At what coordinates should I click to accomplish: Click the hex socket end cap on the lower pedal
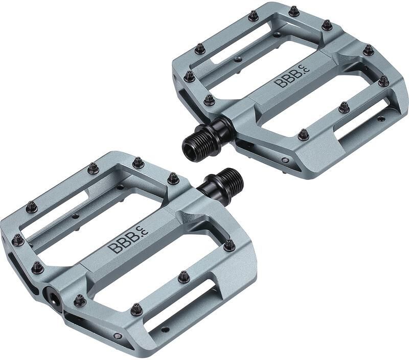pos(54,297)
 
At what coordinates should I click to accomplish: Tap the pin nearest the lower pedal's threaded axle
pos(173,178)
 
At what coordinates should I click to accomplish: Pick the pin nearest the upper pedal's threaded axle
pos(209,100)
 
